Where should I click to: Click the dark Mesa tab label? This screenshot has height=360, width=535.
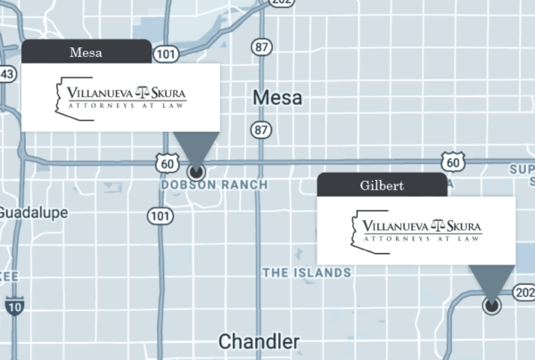(86, 53)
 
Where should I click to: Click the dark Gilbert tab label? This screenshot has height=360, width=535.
(382, 185)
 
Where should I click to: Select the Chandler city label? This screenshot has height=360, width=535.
(259, 342)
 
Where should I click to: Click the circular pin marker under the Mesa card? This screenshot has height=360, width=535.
(197, 169)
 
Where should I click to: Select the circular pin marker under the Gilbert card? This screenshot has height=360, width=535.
(491, 306)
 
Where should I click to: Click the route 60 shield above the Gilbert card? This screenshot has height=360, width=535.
(453, 161)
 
